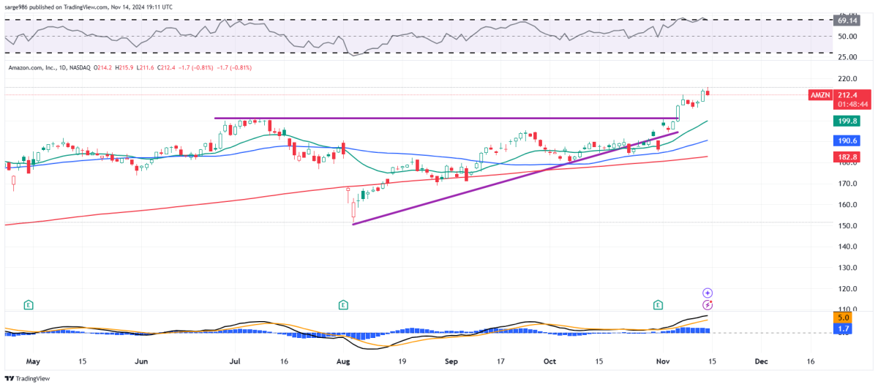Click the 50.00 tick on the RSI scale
(847, 37)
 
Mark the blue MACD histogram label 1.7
(843, 330)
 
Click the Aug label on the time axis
(343, 361)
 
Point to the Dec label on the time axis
(761, 361)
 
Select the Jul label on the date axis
(236, 361)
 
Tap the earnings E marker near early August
(342, 304)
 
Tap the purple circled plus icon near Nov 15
(708, 293)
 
